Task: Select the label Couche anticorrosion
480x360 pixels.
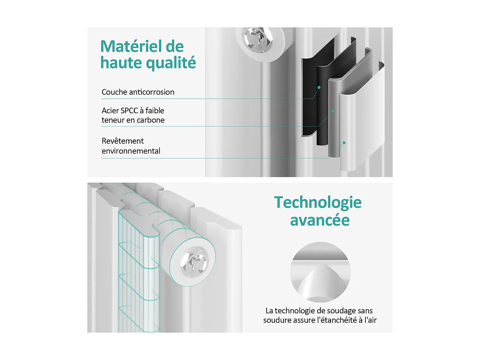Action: [x=138, y=92]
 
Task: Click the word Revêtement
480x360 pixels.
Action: [x=123, y=141]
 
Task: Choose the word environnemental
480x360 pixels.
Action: [x=131, y=151]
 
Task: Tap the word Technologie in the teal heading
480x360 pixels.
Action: [x=317, y=203]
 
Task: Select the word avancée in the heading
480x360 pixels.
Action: [x=320, y=220]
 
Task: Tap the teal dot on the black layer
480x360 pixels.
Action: [x=319, y=87]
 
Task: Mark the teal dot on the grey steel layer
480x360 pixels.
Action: [x=333, y=111]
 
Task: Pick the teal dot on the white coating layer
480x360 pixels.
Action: [x=344, y=143]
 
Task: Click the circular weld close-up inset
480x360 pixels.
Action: [x=320, y=272]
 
